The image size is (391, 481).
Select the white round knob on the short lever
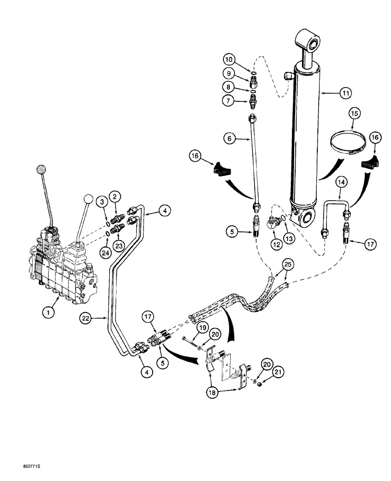(x=87, y=199)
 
